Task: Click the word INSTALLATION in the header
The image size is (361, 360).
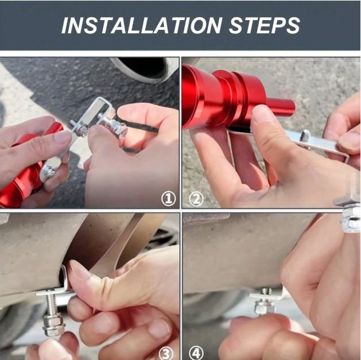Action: pyautogui.click(x=142, y=25)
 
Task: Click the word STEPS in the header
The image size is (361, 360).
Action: pyautogui.click(x=265, y=25)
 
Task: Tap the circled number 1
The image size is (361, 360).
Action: pyautogui.click(x=169, y=199)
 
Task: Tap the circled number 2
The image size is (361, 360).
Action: pyautogui.click(x=196, y=199)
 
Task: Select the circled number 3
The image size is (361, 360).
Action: pyautogui.click(x=166, y=354)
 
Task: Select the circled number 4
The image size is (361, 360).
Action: pyautogui.click(x=196, y=354)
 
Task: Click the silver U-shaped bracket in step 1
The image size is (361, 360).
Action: pyautogui.click(x=92, y=118)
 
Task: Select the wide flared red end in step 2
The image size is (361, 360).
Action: pyautogui.click(x=198, y=96)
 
